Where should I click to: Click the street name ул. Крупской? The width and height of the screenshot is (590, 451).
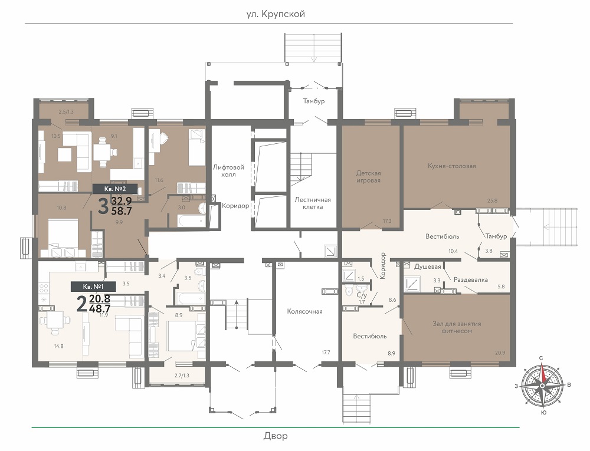[x=276, y=14]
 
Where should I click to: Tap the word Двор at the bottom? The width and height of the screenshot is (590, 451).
[x=276, y=436]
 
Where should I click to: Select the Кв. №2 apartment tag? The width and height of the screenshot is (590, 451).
[x=115, y=189]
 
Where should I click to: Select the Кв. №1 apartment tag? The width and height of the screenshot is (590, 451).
[x=93, y=287]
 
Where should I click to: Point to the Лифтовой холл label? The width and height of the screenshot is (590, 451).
[x=228, y=170]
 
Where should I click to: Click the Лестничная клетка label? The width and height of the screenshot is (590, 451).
[x=313, y=203]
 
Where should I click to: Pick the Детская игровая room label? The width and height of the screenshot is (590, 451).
[x=368, y=177]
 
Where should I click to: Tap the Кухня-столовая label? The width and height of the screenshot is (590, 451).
[x=451, y=166]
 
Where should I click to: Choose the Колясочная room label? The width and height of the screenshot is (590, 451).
[x=304, y=311]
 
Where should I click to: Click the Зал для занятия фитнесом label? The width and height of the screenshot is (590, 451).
[x=457, y=327]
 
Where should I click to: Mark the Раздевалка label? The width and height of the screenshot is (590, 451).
[x=471, y=279]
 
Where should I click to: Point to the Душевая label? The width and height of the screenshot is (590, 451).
[x=427, y=266]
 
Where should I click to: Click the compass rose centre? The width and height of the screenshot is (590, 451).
[x=542, y=386]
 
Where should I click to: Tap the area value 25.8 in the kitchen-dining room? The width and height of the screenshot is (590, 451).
[x=492, y=200]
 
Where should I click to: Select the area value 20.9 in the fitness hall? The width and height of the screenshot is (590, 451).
[x=500, y=353]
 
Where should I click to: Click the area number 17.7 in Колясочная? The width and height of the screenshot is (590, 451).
[x=326, y=352]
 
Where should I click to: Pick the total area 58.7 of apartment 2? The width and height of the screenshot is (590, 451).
[x=122, y=211]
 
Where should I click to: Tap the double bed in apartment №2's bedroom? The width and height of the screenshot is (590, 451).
[x=63, y=238]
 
